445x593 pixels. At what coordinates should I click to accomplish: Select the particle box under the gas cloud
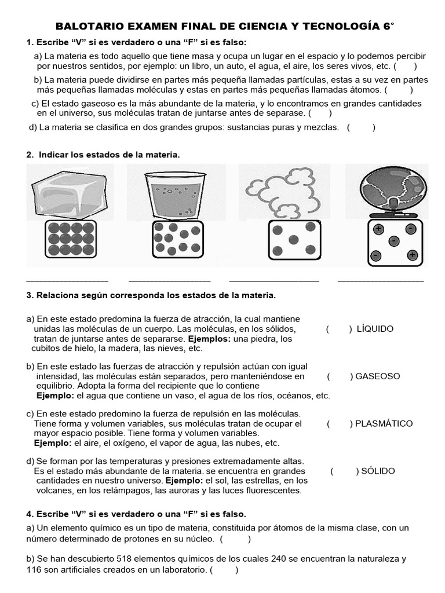295,240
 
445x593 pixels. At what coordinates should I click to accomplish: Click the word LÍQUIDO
375,329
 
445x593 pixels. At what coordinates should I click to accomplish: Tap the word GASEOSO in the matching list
378,376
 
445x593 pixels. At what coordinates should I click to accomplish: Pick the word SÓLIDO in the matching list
378,471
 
